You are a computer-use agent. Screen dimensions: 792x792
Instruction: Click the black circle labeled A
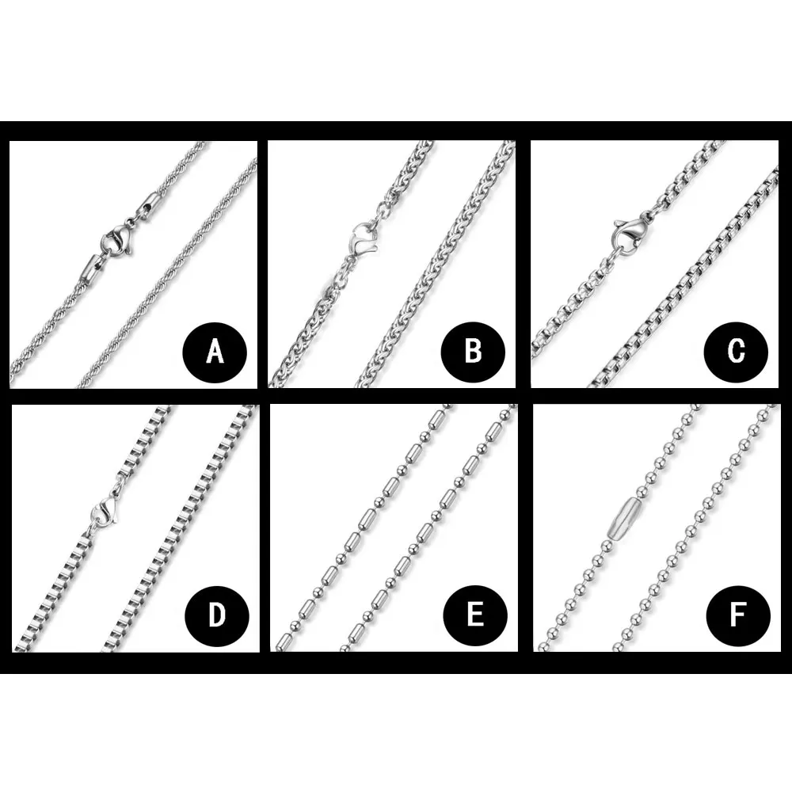coord(215,351)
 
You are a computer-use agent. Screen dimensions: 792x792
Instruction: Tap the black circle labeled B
coord(473,351)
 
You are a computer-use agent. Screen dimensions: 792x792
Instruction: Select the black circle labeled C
coord(736,351)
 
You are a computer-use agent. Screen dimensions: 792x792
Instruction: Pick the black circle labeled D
coord(217,615)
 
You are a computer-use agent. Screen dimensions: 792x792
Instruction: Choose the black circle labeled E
coord(474,615)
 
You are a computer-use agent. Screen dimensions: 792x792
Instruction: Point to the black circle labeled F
coord(738,615)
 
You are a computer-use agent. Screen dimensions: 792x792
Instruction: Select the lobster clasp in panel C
coord(629,231)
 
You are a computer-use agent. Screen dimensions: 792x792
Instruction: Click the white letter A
coord(215,351)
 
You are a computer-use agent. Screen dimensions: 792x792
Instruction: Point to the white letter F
coord(738,615)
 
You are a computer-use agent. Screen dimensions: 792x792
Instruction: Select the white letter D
coord(217,615)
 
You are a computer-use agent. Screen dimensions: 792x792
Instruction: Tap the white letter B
coord(473,351)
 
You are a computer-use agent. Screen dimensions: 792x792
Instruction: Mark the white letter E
coord(474,615)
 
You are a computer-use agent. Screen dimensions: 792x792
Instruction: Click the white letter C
coord(736,351)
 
